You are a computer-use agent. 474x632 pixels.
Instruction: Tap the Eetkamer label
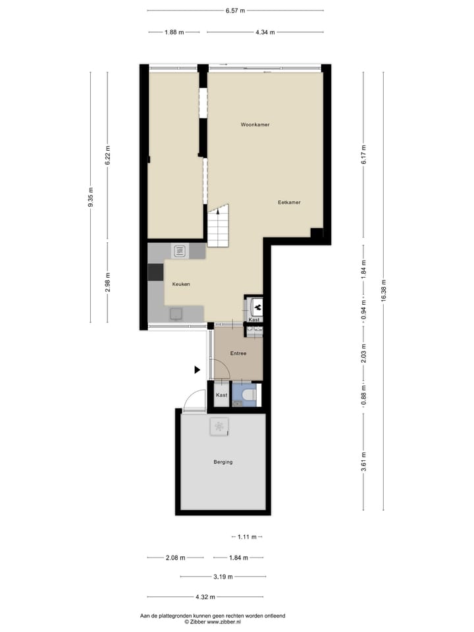289,202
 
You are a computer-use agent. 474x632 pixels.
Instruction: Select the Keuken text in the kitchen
181,284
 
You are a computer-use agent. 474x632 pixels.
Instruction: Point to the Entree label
238,354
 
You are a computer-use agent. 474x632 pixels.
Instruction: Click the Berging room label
223,462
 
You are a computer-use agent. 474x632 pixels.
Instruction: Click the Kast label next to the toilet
222,395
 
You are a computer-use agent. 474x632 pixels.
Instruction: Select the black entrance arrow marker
197,370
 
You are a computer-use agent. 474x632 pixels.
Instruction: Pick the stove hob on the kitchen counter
180,250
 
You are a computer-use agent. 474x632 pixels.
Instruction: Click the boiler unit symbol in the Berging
219,427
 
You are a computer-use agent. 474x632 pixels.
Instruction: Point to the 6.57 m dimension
235,11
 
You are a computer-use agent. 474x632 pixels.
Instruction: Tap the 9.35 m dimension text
91,197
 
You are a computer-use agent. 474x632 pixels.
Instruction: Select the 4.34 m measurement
265,32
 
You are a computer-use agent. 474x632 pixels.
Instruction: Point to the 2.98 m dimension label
108,281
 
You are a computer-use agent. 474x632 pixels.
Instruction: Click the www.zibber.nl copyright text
213,621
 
